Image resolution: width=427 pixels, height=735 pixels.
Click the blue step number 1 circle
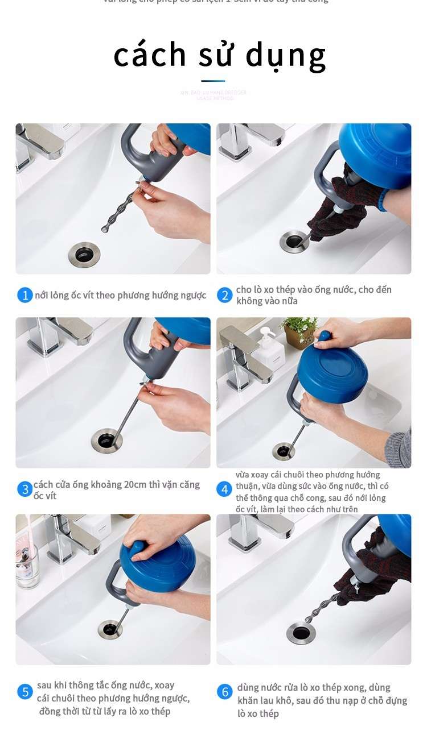(x=25, y=295)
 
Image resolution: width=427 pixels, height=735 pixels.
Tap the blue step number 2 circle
(x=225, y=295)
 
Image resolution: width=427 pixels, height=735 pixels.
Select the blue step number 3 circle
(x=24, y=489)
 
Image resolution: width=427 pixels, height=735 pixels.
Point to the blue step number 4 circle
(x=225, y=489)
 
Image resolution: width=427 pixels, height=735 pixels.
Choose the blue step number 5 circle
(x=25, y=692)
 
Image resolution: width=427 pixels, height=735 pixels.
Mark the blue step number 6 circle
(x=225, y=692)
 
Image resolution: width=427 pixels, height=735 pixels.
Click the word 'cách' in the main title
(x=150, y=55)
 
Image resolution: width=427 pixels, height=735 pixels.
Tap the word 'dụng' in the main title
(x=286, y=57)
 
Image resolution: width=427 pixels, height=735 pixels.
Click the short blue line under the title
(x=213, y=81)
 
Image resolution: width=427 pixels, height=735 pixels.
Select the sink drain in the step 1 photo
(x=84, y=252)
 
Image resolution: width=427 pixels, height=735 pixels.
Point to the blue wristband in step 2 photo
(x=383, y=200)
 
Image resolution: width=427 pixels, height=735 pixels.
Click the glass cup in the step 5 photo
(x=27, y=565)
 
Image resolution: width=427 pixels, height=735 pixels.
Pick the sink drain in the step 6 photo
(x=301, y=633)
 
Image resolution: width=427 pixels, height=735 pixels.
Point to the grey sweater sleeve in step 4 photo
(x=399, y=449)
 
